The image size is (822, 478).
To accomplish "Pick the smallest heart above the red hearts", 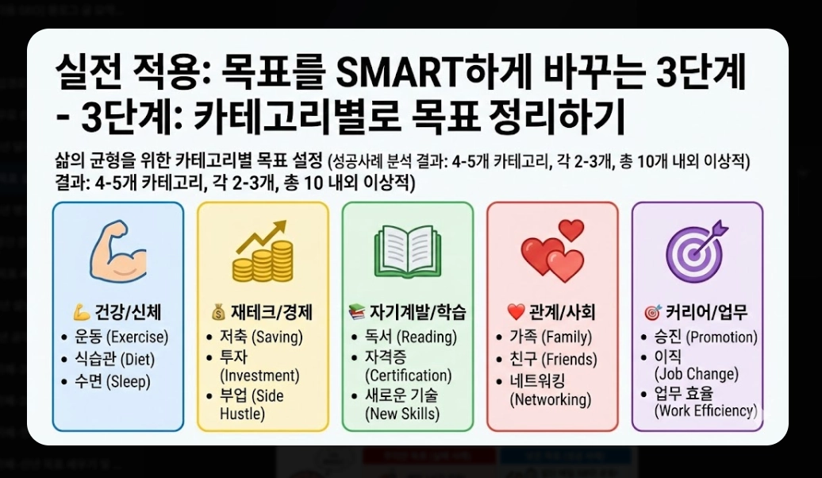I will pyautogui.click(x=570, y=230).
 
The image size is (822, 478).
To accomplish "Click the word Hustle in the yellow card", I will pyautogui.click(x=242, y=414).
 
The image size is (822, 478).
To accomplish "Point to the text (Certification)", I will pyautogui.click(x=408, y=375).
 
